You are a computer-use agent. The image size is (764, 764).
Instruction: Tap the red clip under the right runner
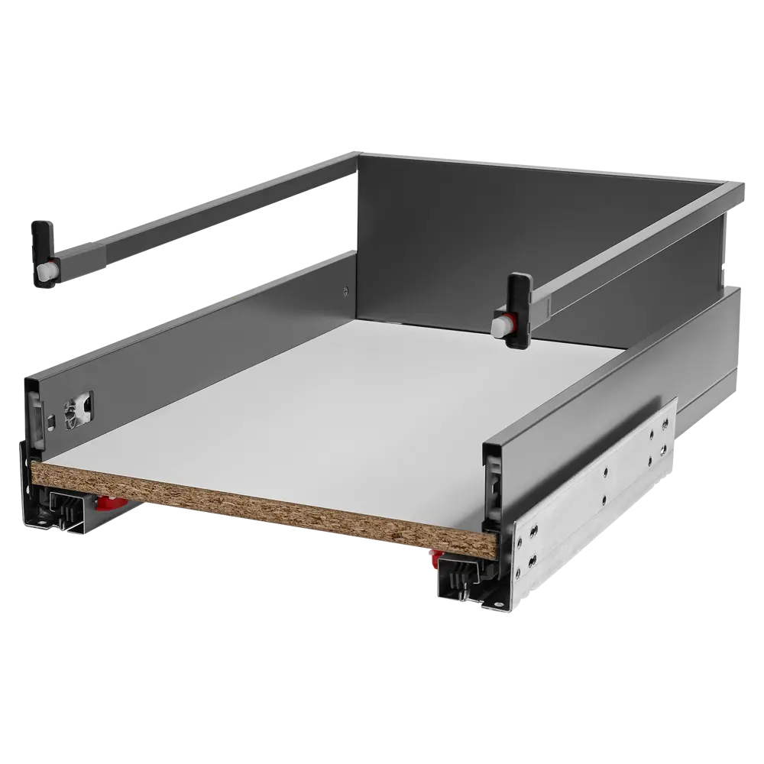436,556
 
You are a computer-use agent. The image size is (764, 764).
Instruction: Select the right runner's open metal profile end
458,581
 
